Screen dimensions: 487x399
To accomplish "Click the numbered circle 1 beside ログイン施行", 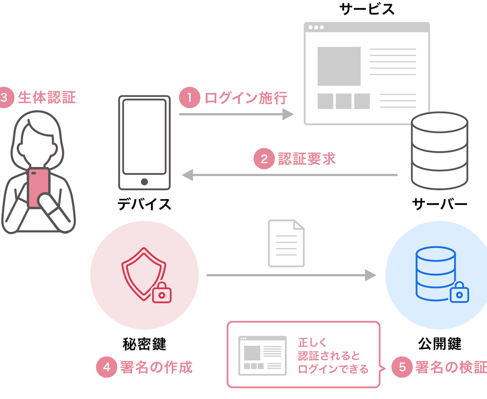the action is (190, 97).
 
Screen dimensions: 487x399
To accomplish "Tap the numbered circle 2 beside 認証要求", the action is (264, 159).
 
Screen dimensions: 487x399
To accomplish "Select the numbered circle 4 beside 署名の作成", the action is (106, 367).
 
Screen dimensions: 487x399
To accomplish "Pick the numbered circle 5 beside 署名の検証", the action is (402, 367).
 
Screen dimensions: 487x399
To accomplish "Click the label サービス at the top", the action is (367, 9).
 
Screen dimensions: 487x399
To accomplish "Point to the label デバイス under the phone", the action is (144, 204).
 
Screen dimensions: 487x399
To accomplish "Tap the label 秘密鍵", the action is (144, 344).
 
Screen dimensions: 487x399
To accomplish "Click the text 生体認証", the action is (47, 97).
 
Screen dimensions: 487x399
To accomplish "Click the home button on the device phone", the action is (144, 182).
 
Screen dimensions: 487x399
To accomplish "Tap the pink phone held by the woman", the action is (38, 187).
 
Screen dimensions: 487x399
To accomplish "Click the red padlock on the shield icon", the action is (162, 292).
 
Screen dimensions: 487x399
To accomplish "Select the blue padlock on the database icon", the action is (459, 292).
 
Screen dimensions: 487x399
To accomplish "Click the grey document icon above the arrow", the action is (286, 243).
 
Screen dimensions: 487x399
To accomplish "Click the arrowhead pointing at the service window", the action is (288, 114).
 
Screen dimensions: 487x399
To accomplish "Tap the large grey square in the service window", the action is (339, 66).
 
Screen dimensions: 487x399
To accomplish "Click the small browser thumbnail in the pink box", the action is (263, 356).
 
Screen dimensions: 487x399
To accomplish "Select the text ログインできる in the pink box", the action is (333, 369).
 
